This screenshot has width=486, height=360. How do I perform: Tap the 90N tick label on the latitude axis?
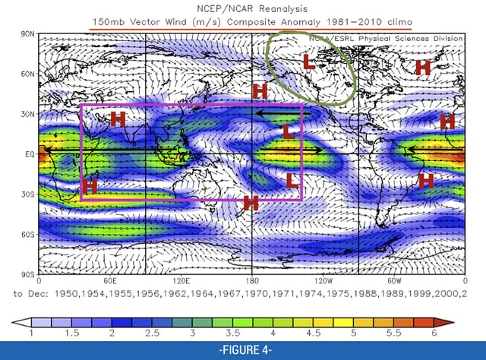coord(27,34)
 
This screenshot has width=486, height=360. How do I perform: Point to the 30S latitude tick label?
coord(27,194)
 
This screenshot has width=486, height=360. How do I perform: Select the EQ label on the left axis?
coord(28,154)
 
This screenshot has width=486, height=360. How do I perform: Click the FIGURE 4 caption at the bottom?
coord(243,351)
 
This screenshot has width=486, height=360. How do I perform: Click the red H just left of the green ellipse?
coord(260,91)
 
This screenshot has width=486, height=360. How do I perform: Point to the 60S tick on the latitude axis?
coord(27,235)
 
